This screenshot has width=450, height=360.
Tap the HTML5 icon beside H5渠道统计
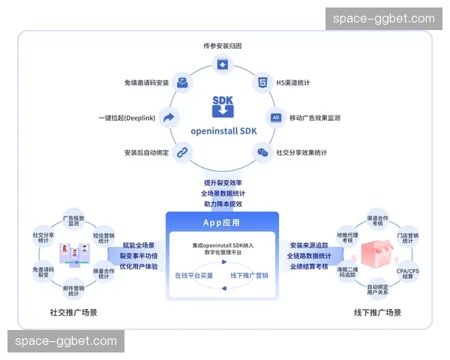click(x=262, y=82)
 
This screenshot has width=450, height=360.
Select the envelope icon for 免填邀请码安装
click(x=182, y=82)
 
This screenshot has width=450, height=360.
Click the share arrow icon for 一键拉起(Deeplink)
click(x=169, y=117)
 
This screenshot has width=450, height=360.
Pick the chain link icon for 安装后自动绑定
click(x=181, y=152)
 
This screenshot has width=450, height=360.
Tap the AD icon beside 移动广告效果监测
click(x=275, y=118)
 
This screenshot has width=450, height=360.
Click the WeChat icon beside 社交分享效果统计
click(x=262, y=152)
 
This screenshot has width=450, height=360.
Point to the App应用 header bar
click(x=222, y=222)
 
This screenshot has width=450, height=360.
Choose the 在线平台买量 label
click(x=194, y=275)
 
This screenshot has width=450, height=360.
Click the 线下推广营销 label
click(x=250, y=275)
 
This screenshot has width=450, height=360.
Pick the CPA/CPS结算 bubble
click(x=409, y=272)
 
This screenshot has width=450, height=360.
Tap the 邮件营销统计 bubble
click(x=73, y=289)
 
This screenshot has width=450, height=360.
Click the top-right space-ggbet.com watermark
click(x=383, y=19)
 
